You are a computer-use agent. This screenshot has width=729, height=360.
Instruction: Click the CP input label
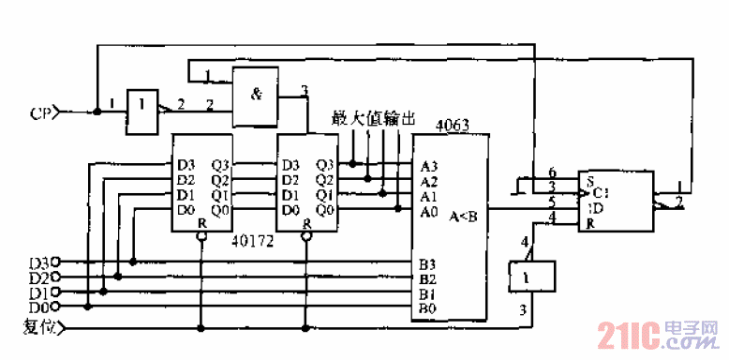[x=39, y=114]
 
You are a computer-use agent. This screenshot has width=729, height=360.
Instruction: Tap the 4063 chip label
[x=453, y=125]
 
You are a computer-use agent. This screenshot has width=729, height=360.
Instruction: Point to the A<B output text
[x=463, y=216]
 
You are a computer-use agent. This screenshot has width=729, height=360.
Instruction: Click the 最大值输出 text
[x=372, y=119]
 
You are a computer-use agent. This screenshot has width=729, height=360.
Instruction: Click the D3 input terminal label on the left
[x=39, y=262]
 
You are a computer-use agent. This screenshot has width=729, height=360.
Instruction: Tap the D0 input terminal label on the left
[x=39, y=306]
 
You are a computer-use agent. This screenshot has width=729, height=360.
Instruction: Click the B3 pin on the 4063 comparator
[x=426, y=263]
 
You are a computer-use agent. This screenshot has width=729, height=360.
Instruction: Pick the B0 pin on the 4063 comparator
[x=426, y=307]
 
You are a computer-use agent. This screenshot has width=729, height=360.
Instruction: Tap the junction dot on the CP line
[x=97, y=113]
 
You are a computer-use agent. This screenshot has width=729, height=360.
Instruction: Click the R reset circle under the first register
[x=200, y=237]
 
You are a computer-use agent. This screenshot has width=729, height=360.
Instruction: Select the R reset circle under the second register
[x=305, y=237]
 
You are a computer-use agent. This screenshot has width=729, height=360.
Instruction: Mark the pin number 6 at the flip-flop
[x=552, y=172]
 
